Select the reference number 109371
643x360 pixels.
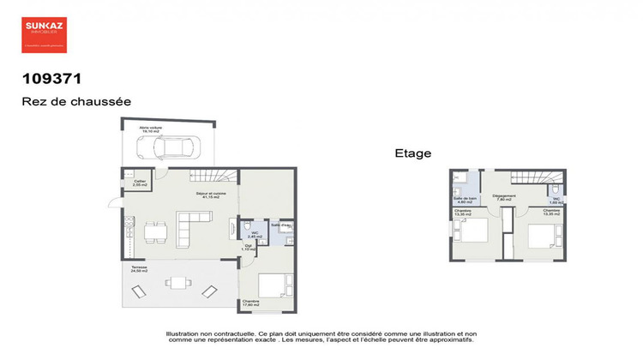51,79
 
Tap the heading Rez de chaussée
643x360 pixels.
76,101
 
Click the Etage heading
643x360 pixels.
412,153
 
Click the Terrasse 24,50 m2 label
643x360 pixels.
139,269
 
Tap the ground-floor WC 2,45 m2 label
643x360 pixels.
254,235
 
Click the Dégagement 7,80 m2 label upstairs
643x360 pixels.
504,197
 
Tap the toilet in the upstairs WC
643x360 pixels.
556,191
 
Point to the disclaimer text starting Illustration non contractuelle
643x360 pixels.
320,338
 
